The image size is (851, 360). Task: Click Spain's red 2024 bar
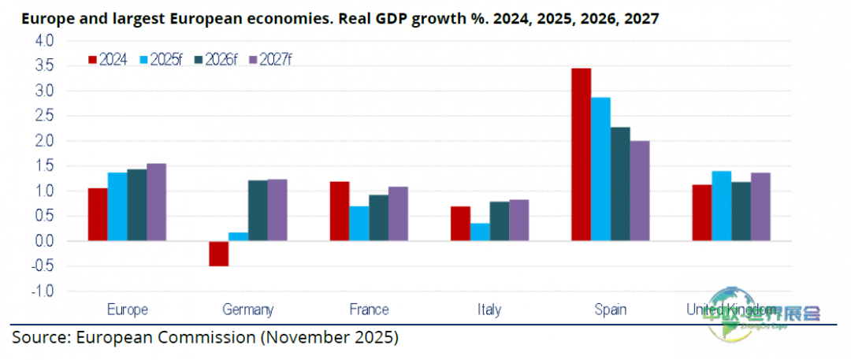(x=581, y=154)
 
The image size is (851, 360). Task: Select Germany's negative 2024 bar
(x=218, y=254)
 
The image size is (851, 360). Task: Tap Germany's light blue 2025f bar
(x=238, y=236)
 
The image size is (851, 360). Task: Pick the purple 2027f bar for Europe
(x=156, y=202)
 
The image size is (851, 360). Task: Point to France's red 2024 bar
(x=339, y=211)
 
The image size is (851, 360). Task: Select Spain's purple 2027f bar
(x=640, y=191)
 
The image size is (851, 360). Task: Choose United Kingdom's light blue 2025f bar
(x=721, y=206)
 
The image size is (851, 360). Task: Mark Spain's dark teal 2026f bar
(x=620, y=184)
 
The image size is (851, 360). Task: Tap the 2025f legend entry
(x=162, y=59)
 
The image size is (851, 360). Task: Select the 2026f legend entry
(x=216, y=59)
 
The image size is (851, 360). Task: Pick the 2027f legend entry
(x=269, y=59)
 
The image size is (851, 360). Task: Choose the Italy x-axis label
(x=489, y=310)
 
